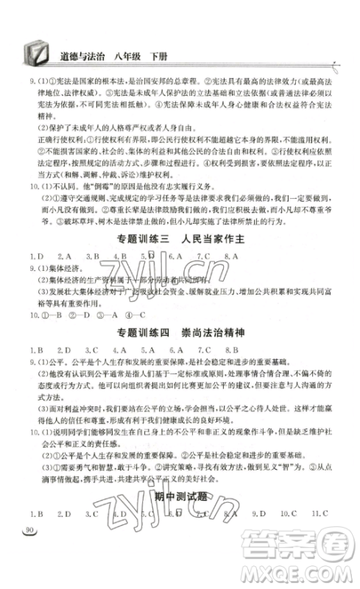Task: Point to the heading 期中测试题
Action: coord(180,497)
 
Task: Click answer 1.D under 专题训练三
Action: coord(35,277)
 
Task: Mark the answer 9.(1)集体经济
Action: coord(52,289)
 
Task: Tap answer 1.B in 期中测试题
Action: coord(35,513)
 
